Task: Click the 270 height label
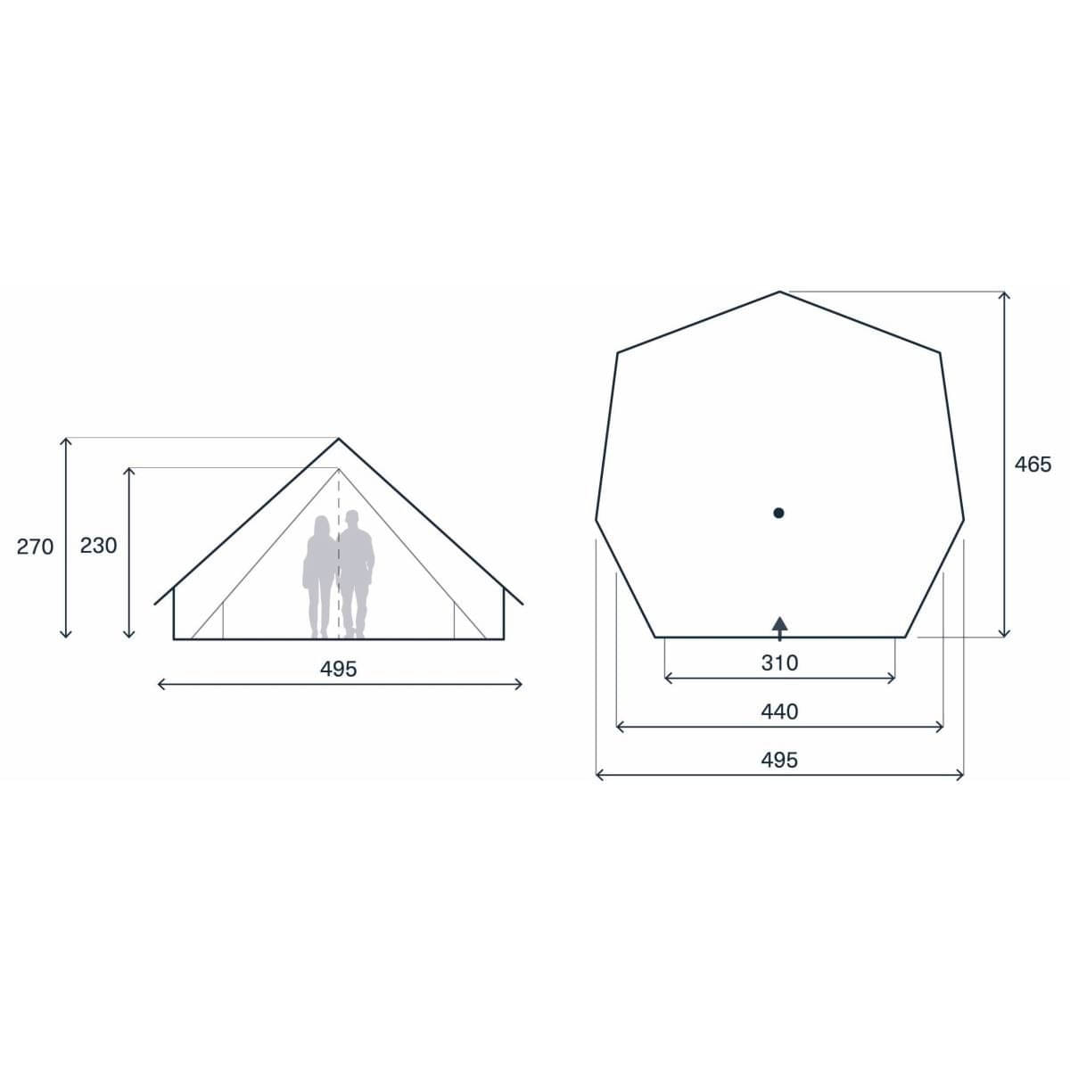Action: [x=36, y=547]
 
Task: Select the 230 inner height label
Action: [x=98, y=546]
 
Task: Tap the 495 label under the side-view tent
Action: [x=339, y=669]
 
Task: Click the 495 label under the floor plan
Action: [x=779, y=760]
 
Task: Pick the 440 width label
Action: [x=779, y=712]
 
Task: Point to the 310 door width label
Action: [x=779, y=663]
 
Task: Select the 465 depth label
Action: [x=1033, y=464]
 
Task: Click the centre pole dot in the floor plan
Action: [x=778, y=513]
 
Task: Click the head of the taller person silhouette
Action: [x=353, y=518]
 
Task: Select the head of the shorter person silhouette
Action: [x=320, y=523]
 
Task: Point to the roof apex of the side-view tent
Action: [x=339, y=439]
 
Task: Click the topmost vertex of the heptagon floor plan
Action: [x=780, y=292]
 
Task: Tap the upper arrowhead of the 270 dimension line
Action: [x=65, y=440]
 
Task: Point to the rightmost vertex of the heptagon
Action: [x=964, y=519]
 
